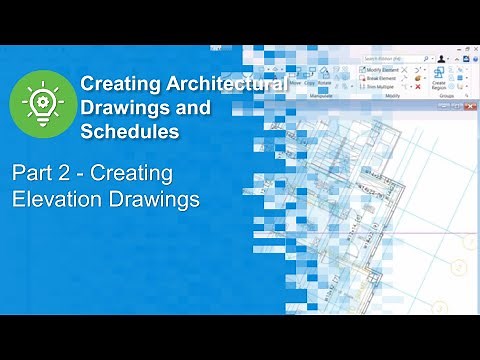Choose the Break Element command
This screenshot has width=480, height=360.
pos(382,77)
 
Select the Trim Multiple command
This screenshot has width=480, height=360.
pos(382,86)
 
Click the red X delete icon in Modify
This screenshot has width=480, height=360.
pos(418,86)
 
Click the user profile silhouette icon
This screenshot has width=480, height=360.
pos(440,59)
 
